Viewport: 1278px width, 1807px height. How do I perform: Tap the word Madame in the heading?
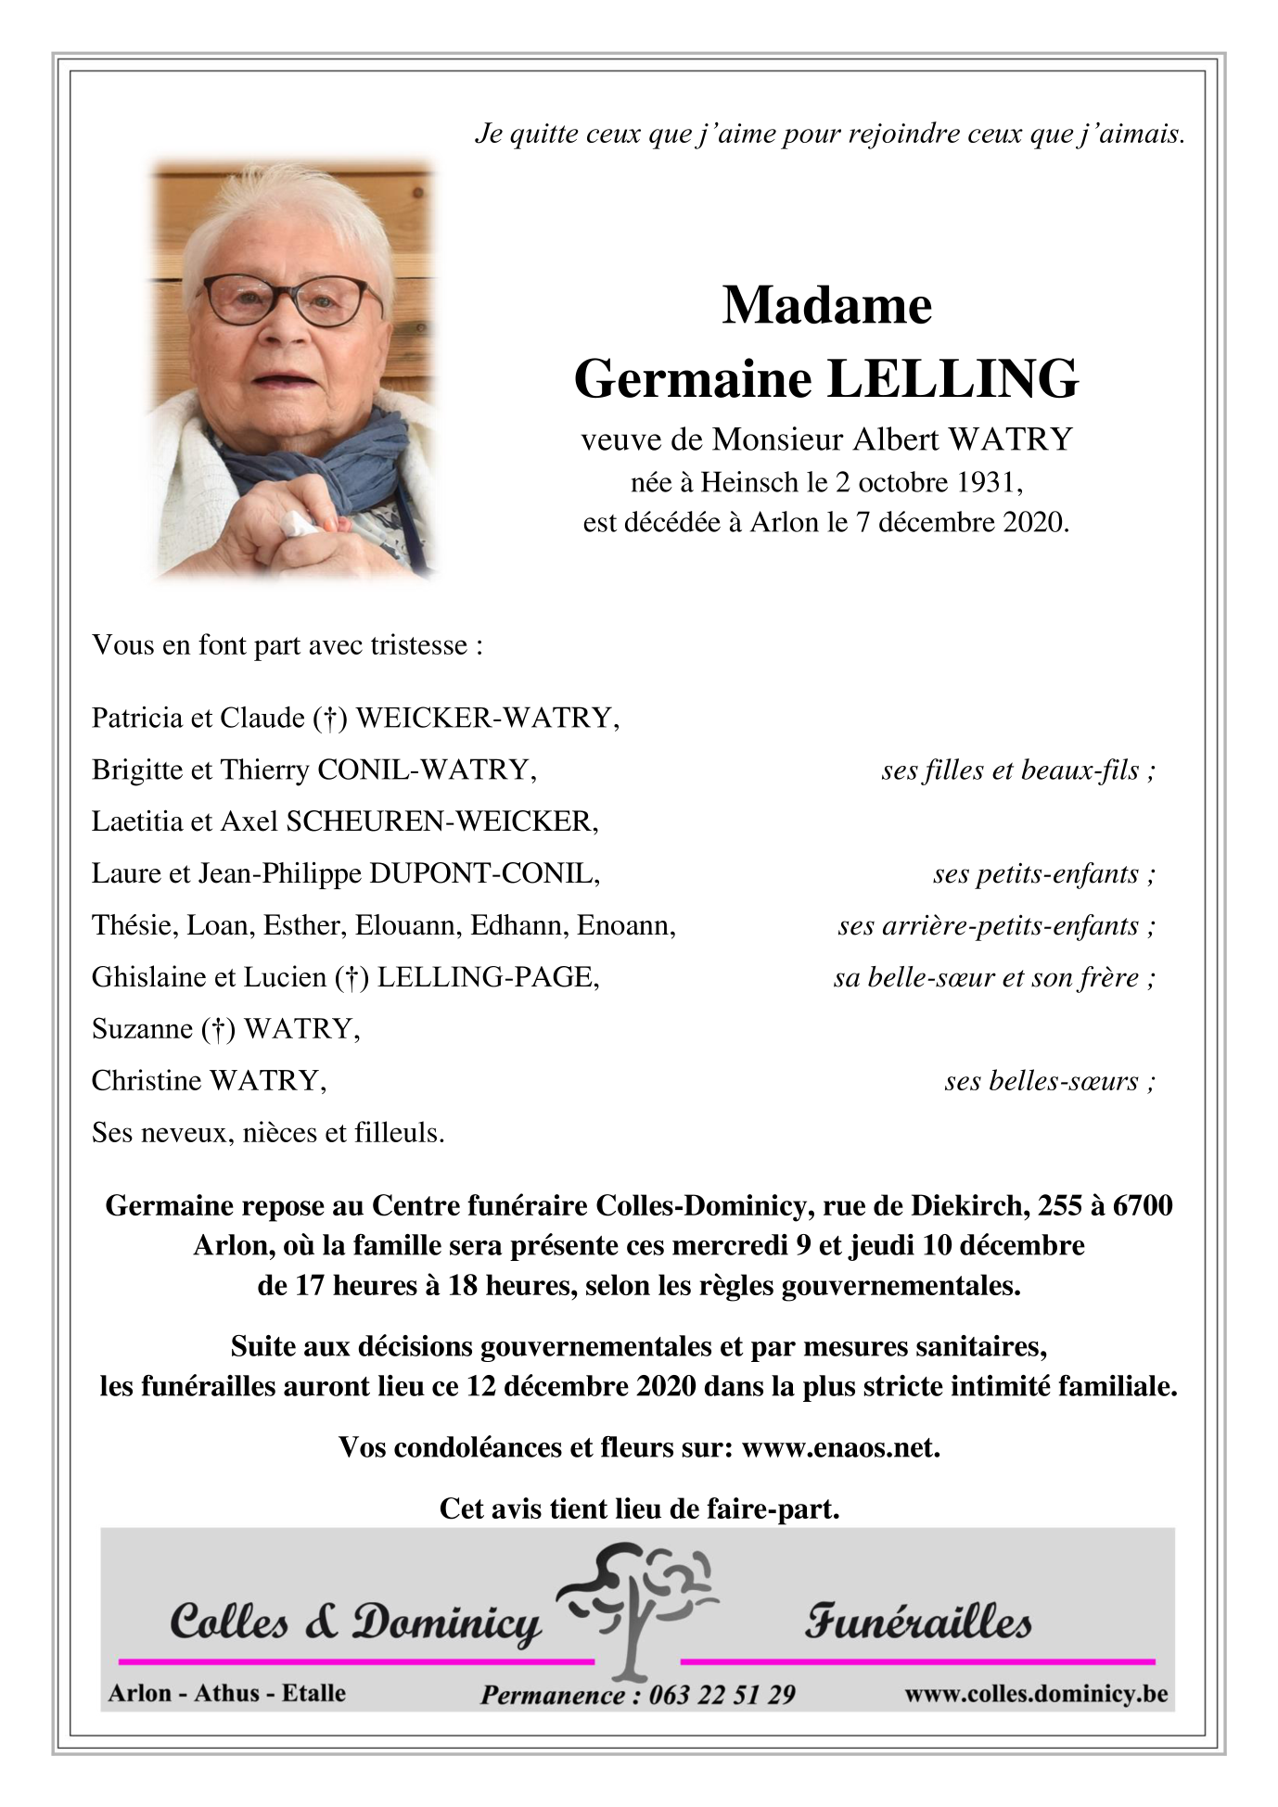826,305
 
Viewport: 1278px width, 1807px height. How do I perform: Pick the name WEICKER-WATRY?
487,718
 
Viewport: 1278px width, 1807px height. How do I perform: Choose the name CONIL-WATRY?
426,770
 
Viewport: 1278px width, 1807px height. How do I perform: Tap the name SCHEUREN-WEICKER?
441,821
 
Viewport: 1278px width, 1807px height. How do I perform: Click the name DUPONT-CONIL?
484,873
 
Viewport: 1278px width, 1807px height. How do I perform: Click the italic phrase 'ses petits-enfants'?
1036,873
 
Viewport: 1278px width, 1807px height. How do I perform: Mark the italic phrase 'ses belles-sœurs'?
1042,1081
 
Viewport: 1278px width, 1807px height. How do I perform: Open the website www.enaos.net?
841,1447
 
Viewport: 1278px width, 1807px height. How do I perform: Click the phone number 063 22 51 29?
722,1695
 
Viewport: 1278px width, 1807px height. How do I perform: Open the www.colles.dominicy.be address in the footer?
1035,1694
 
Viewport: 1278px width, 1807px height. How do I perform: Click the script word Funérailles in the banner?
917,1622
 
